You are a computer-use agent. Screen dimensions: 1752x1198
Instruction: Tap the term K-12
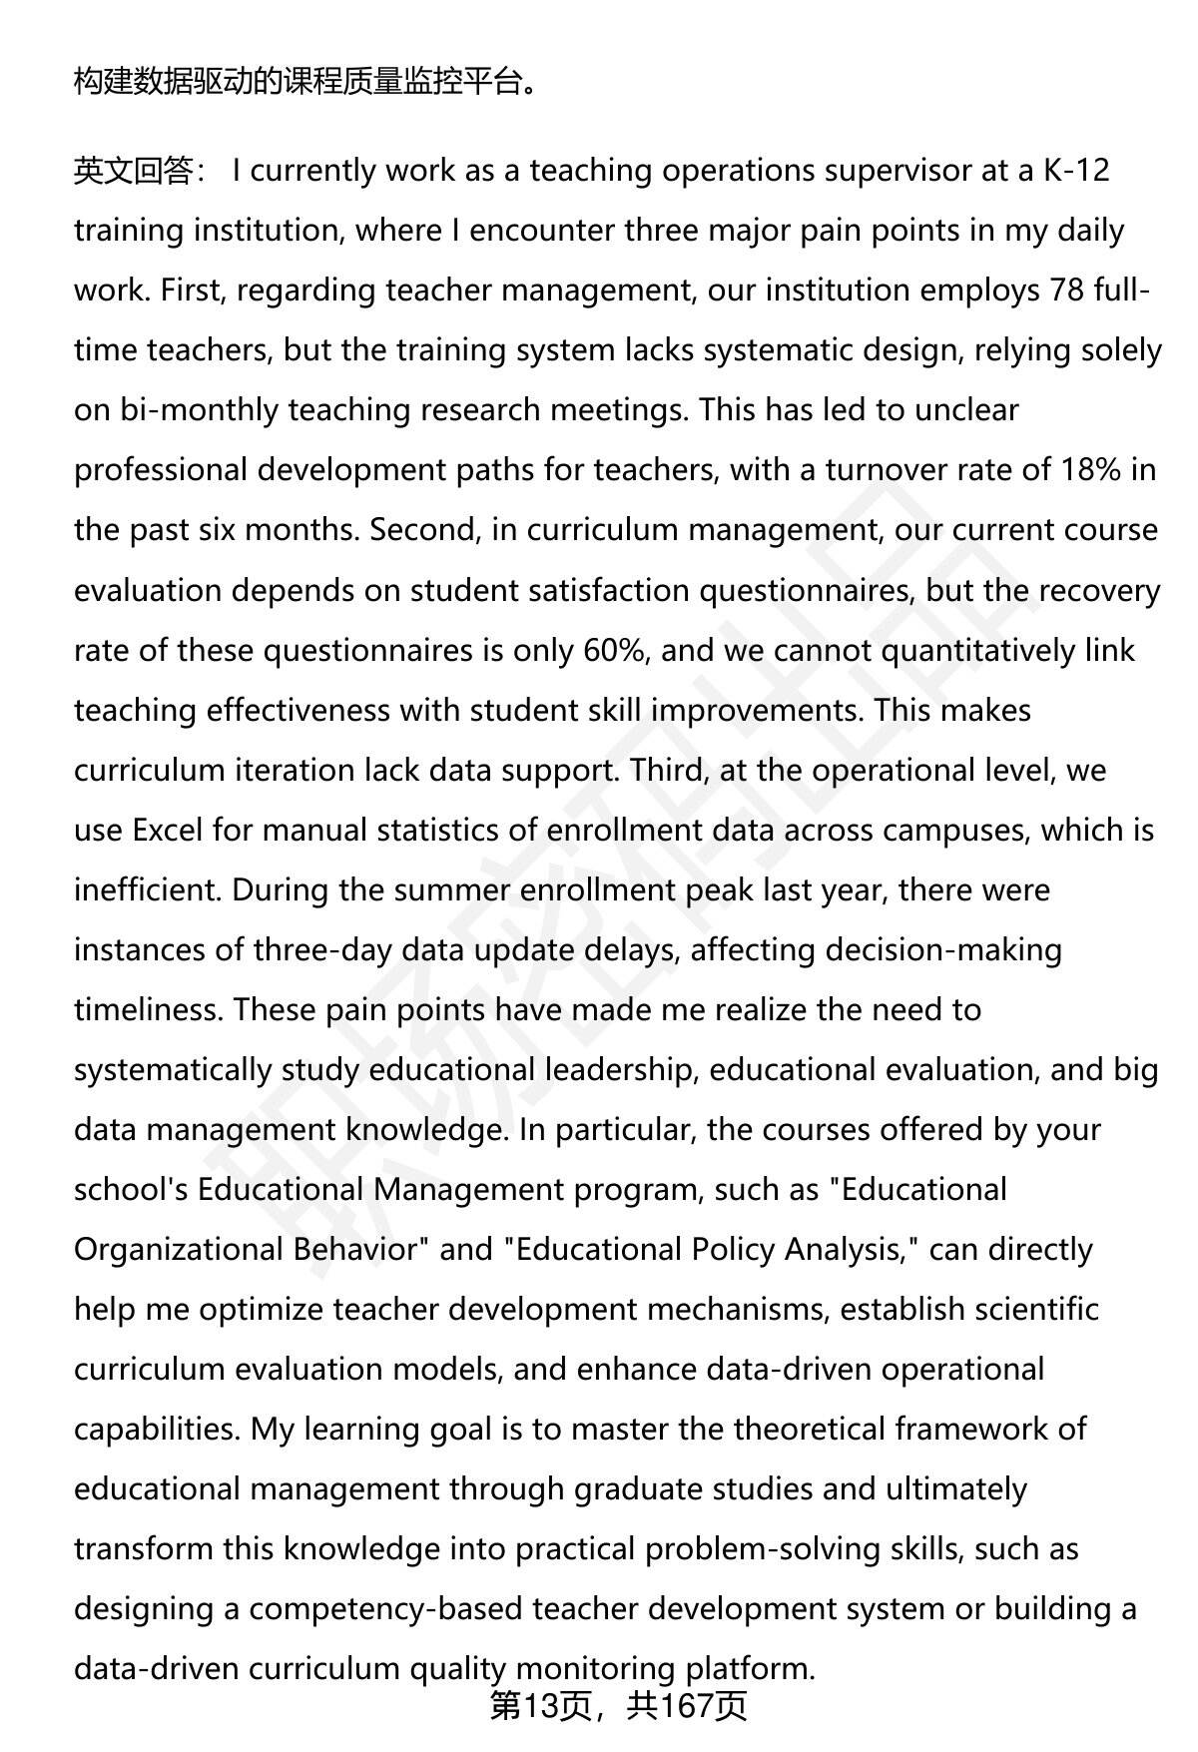tap(1076, 172)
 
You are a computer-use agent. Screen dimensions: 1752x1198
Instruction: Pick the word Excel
tap(168, 831)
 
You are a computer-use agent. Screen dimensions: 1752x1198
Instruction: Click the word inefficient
tap(148, 890)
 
